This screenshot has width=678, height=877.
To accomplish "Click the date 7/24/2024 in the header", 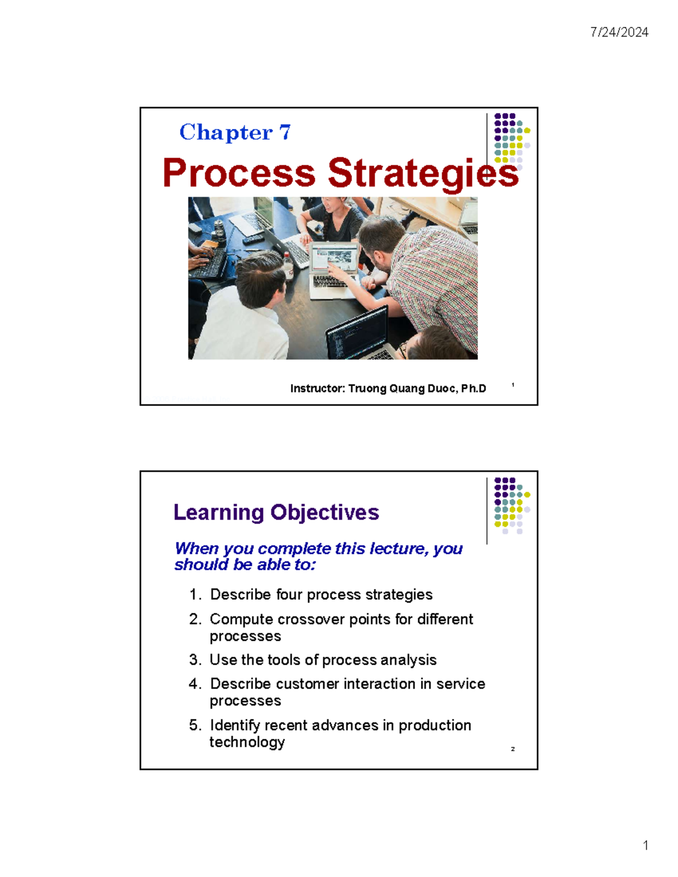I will (x=619, y=32).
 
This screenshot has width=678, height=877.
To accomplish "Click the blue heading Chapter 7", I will (x=235, y=132).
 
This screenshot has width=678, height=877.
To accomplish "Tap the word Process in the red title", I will (x=238, y=173).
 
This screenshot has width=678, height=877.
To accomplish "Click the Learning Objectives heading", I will (x=276, y=512).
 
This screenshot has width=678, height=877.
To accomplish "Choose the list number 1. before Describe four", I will (x=195, y=595).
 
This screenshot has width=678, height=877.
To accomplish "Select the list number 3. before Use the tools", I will (x=195, y=660).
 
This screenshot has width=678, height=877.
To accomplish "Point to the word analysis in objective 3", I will (x=408, y=660).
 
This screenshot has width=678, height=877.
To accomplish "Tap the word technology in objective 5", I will (x=247, y=742).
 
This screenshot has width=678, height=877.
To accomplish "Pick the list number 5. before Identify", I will (x=195, y=725).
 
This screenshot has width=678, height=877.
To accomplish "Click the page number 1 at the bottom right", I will (x=645, y=845).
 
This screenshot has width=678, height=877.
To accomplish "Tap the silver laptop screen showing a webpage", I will (x=334, y=259).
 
